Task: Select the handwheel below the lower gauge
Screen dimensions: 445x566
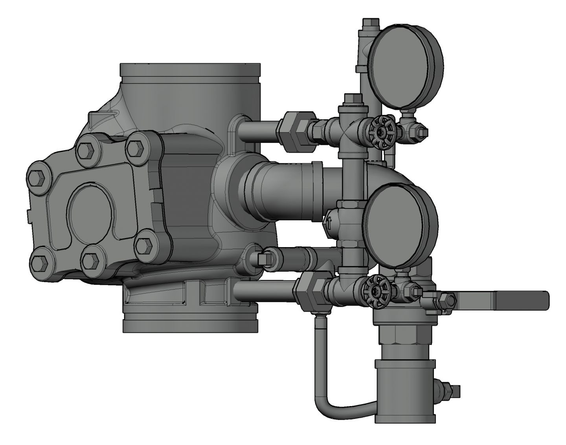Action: click(x=377, y=292)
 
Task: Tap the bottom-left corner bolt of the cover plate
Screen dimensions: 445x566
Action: click(x=39, y=262)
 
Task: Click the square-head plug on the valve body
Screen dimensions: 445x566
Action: click(x=261, y=258)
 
